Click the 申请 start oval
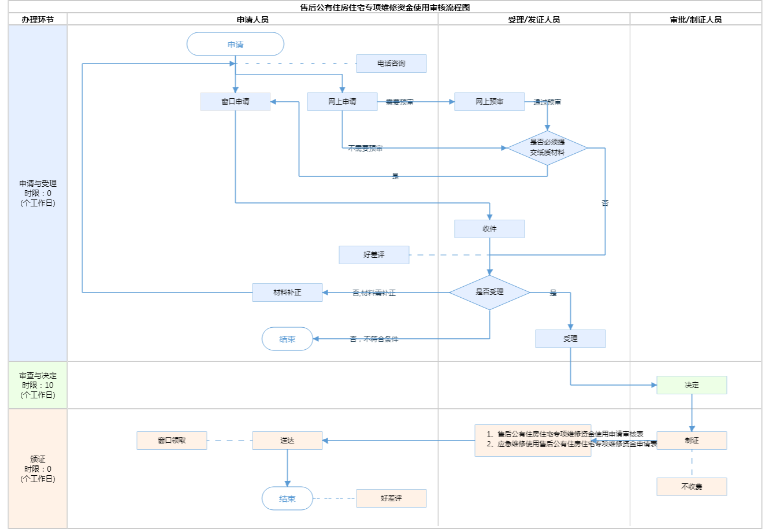pyautogui.click(x=235, y=45)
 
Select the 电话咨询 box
pyautogui.click(x=391, y=64)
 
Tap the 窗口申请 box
pyautogui.click(x=235, y=102)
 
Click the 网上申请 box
pyautogui.click(x=342, y=102)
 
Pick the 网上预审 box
pyautogui.click(x=489, y=102)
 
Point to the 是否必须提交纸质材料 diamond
pyautogui.click(x=547, y=148)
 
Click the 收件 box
pyautogui.click(x=489, y=229)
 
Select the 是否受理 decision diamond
pyautogui.click(x=489, y=293)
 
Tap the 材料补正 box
pyautogui.click(x=287, y=293)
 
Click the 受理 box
pyautogui.click(x=570, y=339)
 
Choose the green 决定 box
pyautogui.click(x=692, y=385)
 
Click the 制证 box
pyautogui.click(x=692, y=441)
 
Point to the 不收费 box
pyautogui.click(x=692, y=487)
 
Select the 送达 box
pyautogui.click(x=287, y=441)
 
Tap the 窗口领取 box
pyautogui.click(x=172, y=441)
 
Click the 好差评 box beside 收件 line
pyautogui.click(x=374, y=255)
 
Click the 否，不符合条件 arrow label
pyautogui.click(x=374, y=339)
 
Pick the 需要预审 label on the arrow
pyautogui.click(x=399, y=102)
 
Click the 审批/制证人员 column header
pyautogui.click(x=696, y=20)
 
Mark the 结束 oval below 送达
pyautogui.click(x=287, y=498)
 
